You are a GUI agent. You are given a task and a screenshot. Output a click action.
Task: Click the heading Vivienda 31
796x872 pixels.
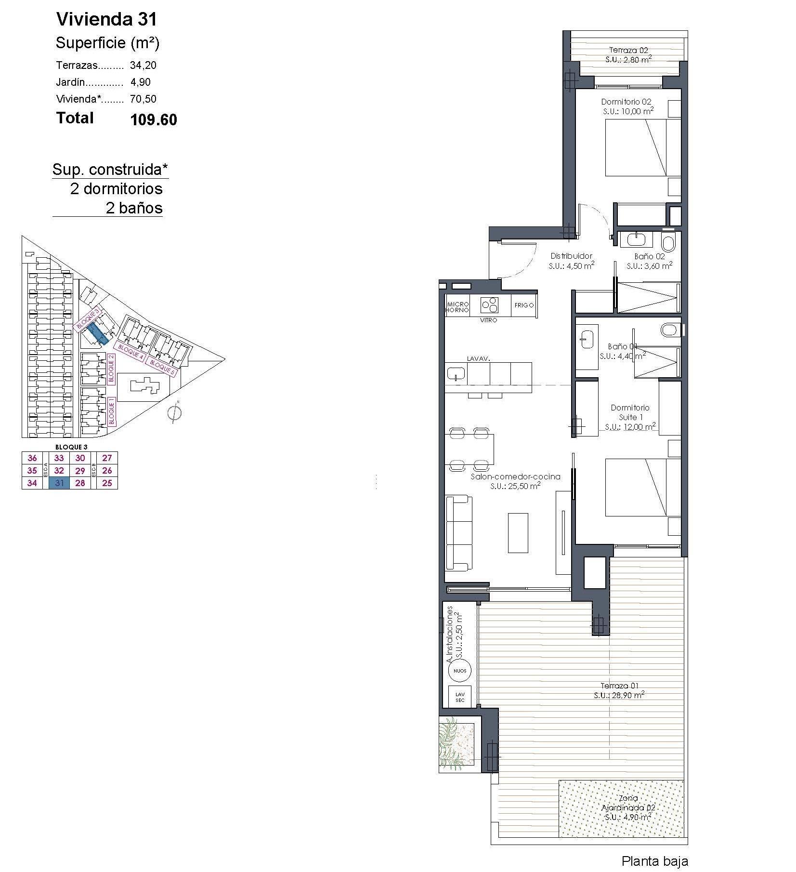coord(106,19)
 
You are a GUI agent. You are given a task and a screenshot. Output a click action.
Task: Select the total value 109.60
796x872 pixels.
coord(154,119)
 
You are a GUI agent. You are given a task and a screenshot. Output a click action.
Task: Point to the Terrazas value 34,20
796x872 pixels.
coord(143,65)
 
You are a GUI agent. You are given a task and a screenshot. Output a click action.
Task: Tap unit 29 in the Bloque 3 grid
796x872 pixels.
coord(80,471)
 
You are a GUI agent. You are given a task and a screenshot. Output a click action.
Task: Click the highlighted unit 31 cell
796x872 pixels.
coord(59,483)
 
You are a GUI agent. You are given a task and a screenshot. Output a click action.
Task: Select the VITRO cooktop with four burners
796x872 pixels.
coord(489,304)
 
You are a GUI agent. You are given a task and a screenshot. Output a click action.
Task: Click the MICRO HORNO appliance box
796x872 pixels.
coord(457,307)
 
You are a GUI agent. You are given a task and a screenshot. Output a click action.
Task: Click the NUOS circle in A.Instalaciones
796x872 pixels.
coord(459,671)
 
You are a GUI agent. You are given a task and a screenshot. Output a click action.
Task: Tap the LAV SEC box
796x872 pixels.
coord(459,697)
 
